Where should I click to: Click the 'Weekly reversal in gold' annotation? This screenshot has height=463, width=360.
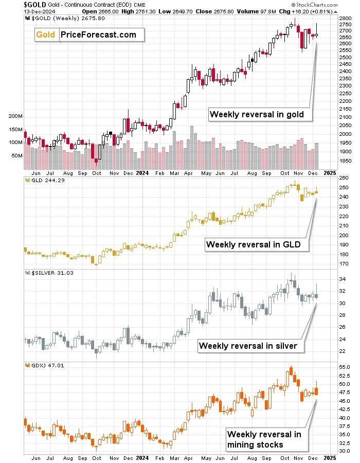pos(257,114)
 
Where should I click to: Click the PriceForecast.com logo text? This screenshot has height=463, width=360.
pos(98,34)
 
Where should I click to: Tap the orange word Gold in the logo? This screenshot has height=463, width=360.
pos(47,34)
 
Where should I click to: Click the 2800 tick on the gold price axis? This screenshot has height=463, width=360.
pos(346,18)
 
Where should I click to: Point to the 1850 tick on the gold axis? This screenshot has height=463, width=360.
pos(346,161)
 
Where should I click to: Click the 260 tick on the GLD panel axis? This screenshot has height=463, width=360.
pos(344,178)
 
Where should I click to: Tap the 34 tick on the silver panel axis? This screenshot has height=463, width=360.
pos(342,279)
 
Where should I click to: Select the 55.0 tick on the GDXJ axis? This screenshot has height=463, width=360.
pos(345,367)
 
